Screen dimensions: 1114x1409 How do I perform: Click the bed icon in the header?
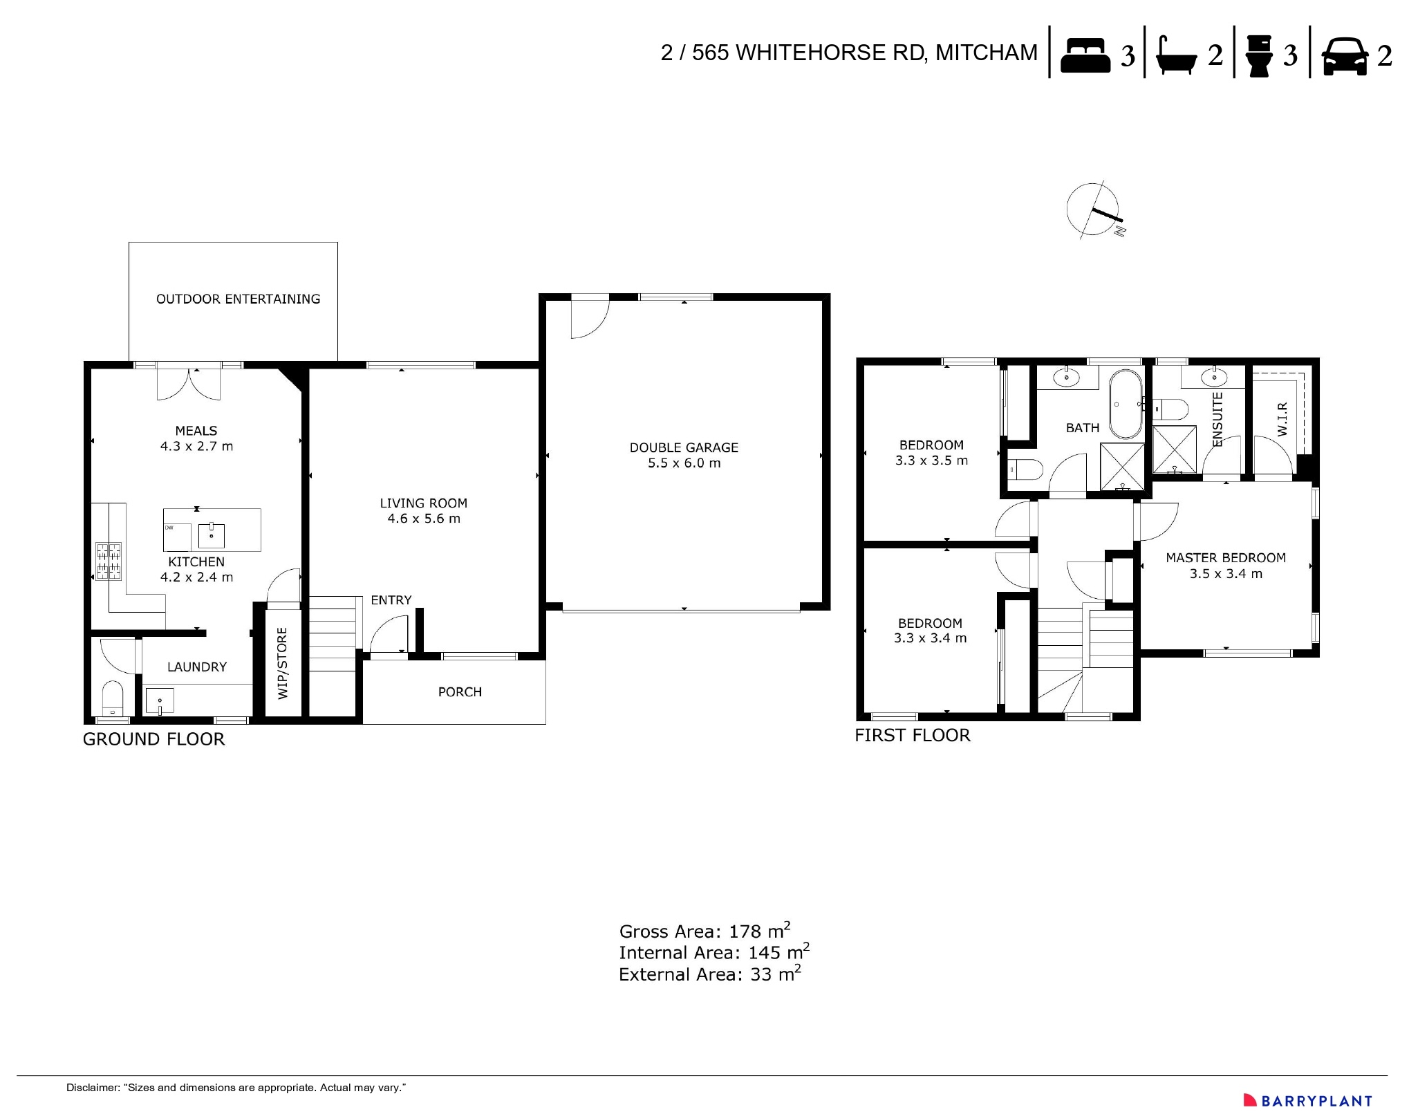click(1085, 55)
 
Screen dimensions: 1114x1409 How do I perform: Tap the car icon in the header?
click(1344, 55)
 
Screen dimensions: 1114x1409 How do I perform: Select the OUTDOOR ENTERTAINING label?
click(238, 299)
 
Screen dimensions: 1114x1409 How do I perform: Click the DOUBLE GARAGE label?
click(684, 448)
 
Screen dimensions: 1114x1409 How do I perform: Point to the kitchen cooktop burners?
click(108, 561)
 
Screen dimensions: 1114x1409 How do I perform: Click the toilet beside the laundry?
click(112, 698)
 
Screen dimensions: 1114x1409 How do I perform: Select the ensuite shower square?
click(1174, 449)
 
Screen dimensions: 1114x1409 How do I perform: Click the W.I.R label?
click(1282, 419)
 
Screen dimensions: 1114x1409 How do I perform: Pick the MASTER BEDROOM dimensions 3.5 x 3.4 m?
click(1226, 574)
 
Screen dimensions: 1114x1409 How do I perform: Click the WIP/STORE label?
click(283, 663)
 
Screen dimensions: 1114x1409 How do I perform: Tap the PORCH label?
click(460, 692)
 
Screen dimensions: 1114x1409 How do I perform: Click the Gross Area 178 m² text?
click(704, 931)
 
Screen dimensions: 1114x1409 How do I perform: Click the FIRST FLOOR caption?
click(912, 736)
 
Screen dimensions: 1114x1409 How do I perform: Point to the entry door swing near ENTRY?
click(388, 635)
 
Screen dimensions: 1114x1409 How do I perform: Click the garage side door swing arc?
click(590, 318)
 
